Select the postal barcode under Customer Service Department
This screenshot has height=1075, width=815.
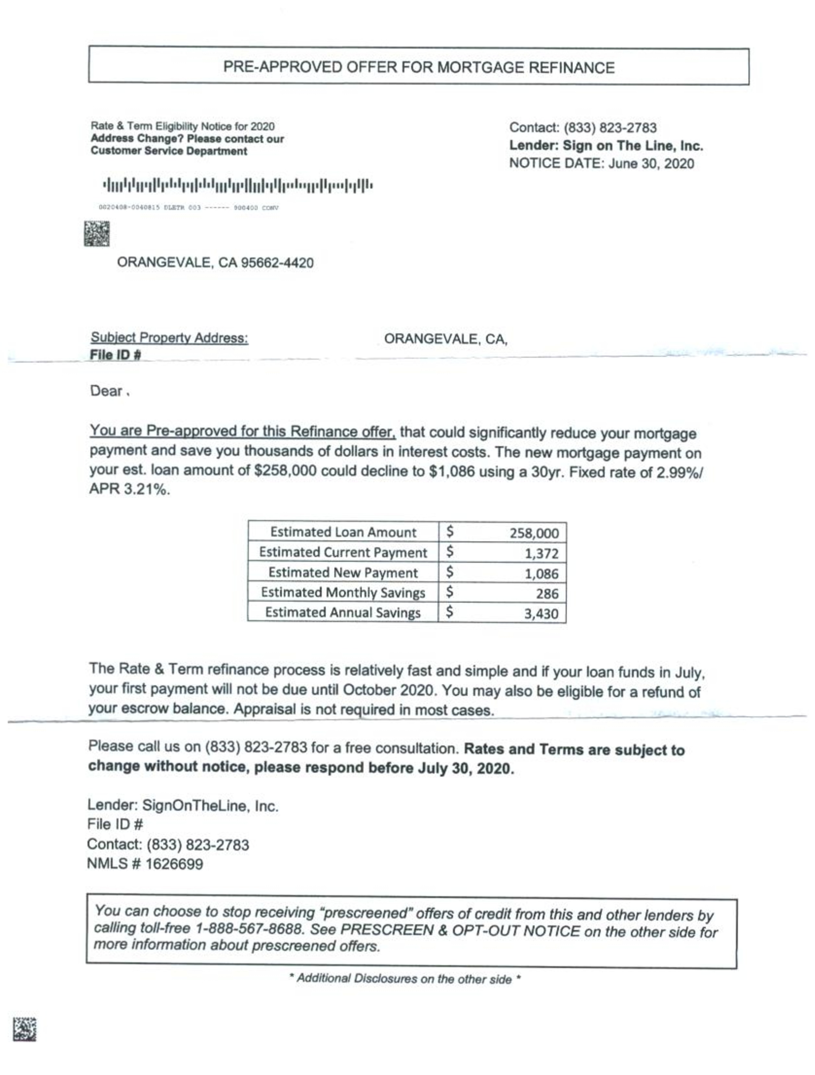(x=238, y=185)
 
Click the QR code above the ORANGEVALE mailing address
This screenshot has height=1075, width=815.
(x=97, y=234)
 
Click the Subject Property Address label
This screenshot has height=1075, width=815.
(x=169, y=338)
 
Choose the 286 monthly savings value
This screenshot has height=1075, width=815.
(x=547, y=593)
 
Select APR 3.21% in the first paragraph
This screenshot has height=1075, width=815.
(x=129, y=489)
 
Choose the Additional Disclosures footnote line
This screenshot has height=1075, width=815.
(x=405, y=979)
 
